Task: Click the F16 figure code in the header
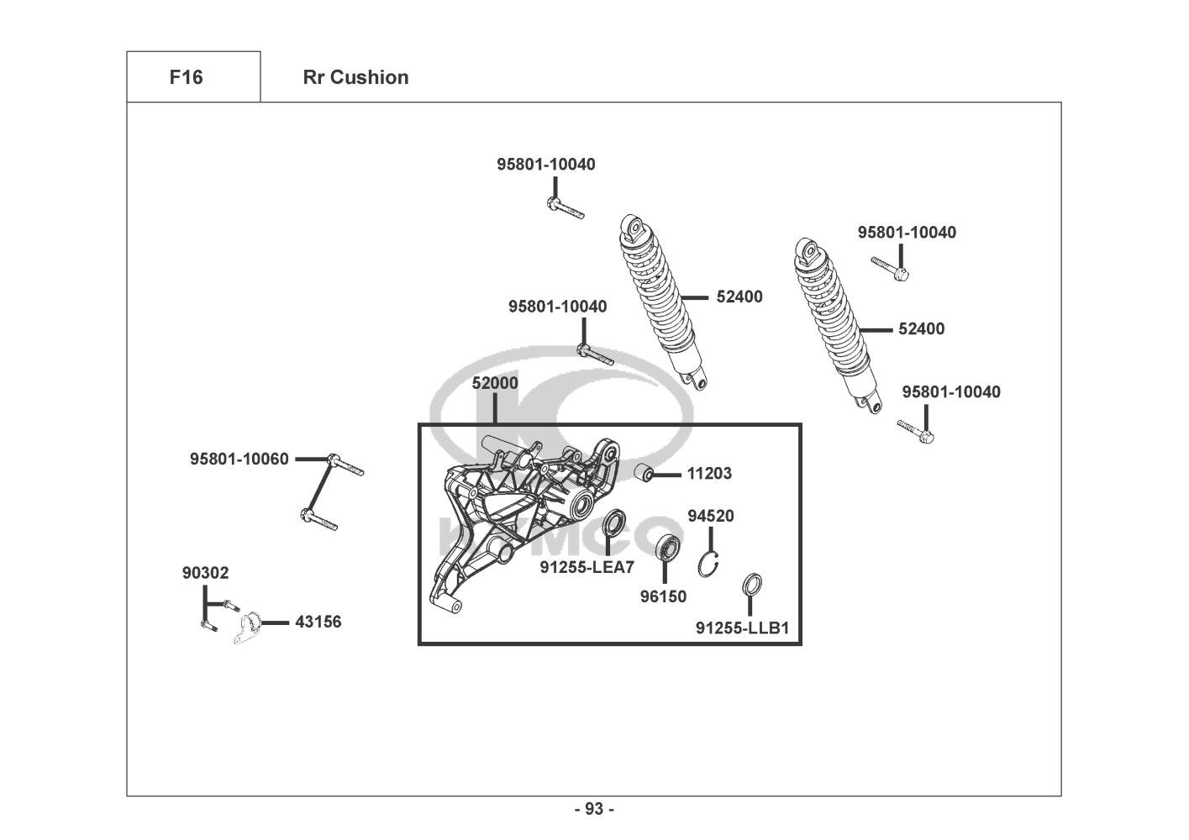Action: tap(186, 77)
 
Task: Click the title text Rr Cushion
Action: tap(355, 77)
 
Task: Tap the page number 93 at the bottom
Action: tap(594, 809)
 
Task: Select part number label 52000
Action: tap(495, 383)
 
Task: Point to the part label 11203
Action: tap(709, 474)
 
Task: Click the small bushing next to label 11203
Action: tap(644, 473)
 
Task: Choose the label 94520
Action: tap(711, 516)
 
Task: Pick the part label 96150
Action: tap(663, 596)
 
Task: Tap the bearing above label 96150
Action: tap(668, 547)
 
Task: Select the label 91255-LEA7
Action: tap(587, 568)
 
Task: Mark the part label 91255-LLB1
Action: tap(742, 627)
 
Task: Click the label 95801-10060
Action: tap(239, 459)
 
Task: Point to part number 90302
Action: tap(205, 573)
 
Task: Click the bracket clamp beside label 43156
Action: tap(246, 629)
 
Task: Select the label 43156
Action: tap(318, 622)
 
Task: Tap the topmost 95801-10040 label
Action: tap(545, 165)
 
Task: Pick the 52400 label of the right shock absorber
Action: tap(921, 329)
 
